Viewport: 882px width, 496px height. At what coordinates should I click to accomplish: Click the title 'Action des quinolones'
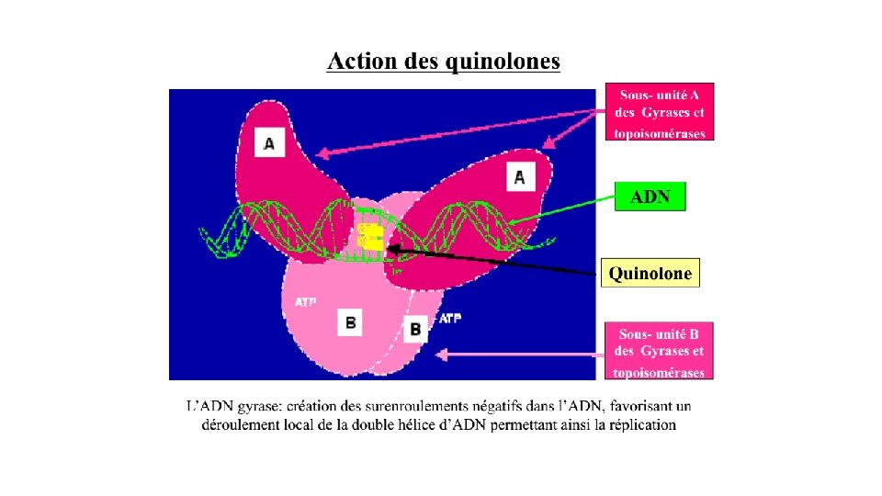[444, 62]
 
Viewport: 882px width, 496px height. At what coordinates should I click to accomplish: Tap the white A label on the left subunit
[268, 143]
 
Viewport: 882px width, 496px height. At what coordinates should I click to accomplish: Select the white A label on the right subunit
[520, 176]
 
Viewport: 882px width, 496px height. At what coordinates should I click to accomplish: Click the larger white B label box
[351, 322]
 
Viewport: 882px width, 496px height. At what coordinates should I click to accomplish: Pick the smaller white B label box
[415, 328]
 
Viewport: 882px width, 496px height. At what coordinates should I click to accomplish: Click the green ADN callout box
[650, 197]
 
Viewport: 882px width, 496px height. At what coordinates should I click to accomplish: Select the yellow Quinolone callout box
[650, 273]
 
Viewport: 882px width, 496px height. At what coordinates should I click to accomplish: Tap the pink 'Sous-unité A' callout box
[660, 113]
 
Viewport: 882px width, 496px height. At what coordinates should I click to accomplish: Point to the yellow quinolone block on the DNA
[370, 236]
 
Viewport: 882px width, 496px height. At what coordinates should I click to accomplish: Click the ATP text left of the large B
[306, 301]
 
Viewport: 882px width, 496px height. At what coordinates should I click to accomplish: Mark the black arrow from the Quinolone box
[496, 261]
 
